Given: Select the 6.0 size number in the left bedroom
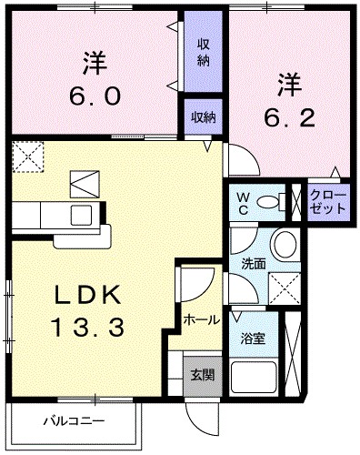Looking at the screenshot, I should pyautogui.click(x=95, y=95).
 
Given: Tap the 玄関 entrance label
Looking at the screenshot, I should pyautogui.click(x=202, y=373).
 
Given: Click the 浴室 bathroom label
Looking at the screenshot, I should pyautogui.click(x=252, y=339).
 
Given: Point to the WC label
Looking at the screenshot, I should pyautogui.click(x=243, y=202).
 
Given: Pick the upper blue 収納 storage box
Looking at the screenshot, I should pyautogui.click(x=204, y=54).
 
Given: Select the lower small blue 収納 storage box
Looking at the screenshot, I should pyautogui.click(x=204, y=116).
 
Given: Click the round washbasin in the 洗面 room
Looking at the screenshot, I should pyautogui.click(x=285, y=244).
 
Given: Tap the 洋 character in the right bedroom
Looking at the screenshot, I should pyautogui.click(x=288, y=85).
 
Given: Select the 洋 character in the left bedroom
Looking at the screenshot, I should pyautogui.click(x=95, y=64).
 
